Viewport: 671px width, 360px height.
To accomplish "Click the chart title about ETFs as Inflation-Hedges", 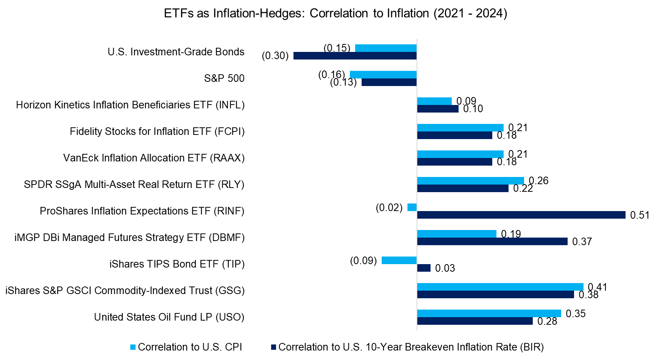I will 335,13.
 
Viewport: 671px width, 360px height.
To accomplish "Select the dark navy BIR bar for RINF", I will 521,215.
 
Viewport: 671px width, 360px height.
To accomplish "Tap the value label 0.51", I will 640,215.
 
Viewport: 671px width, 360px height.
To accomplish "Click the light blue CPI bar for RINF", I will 412,207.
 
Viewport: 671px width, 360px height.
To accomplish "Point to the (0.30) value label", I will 275,56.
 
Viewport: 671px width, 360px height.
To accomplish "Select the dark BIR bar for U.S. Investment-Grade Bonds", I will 355,56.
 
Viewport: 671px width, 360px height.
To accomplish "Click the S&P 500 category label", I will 224,78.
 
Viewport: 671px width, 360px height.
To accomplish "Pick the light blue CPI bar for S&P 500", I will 383,75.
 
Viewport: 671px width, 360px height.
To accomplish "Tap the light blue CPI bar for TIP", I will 399,260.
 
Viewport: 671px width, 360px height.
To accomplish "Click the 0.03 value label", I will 445,268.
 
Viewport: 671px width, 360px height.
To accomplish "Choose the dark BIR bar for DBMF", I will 492,241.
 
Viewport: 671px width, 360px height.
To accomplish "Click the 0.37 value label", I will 582,242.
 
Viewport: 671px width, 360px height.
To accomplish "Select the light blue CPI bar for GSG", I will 500,287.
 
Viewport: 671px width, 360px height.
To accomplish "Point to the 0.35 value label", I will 576,314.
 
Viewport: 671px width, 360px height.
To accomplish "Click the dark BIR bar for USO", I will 475,321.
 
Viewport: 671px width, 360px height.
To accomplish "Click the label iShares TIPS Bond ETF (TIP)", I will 177,264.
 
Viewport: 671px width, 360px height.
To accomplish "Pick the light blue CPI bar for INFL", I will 434,101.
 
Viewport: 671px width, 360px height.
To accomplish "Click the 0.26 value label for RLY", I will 538,181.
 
